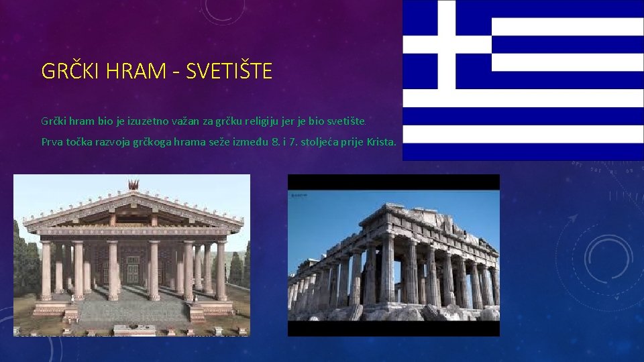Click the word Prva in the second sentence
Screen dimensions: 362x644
coord(52,142)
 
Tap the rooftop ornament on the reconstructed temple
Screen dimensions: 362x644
coord(133,184)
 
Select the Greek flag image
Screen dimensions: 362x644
coord(523,80)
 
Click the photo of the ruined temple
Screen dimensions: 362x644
coord(393,255)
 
